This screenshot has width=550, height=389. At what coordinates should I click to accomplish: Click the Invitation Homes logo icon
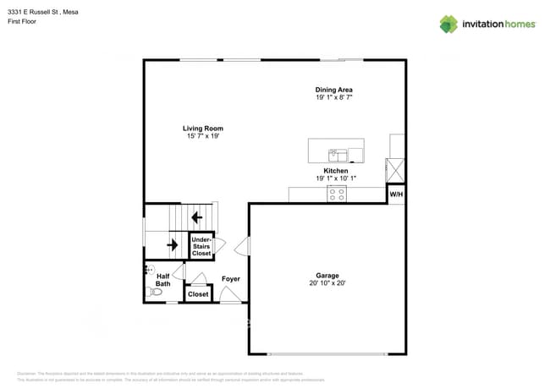448,24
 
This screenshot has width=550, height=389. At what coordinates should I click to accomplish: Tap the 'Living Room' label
203,129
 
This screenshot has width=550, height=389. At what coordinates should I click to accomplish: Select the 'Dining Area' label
333,90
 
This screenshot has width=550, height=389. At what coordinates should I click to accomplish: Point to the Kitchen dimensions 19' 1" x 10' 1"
336,178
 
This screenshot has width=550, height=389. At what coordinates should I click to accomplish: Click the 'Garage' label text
327,276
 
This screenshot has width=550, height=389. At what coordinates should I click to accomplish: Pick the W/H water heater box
395,194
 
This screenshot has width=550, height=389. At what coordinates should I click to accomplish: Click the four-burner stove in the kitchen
336,194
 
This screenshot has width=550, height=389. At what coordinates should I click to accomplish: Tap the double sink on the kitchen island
338,155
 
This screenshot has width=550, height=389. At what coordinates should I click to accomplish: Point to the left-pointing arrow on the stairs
196,217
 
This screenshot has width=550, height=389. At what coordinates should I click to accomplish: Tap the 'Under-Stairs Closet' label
201,246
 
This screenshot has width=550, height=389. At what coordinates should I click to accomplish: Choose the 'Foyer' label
231,279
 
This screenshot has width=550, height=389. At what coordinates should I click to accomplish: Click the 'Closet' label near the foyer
198,294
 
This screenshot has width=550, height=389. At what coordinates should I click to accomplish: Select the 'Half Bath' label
163,280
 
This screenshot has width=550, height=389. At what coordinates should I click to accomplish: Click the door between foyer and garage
243,246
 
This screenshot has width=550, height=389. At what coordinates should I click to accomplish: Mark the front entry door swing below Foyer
230,293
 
